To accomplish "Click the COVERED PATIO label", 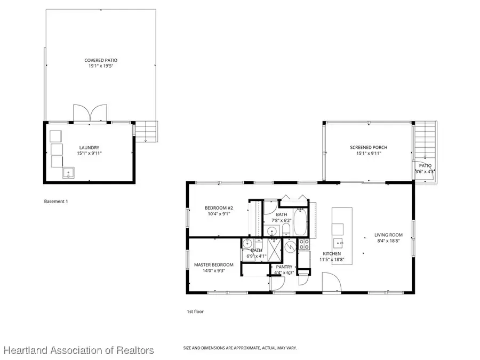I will (100, 60).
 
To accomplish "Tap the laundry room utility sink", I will (68, 172).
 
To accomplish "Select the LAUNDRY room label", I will (90, 148).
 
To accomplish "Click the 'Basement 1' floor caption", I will (55, 202).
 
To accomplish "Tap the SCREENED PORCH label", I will (368, 148).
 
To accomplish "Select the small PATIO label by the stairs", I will (425, 166).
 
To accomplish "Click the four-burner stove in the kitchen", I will (304, 245).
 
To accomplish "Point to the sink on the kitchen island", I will (338, 230).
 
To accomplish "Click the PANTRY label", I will (285, 267).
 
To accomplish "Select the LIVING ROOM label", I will (388, 235).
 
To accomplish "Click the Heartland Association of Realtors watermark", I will (79, 350).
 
